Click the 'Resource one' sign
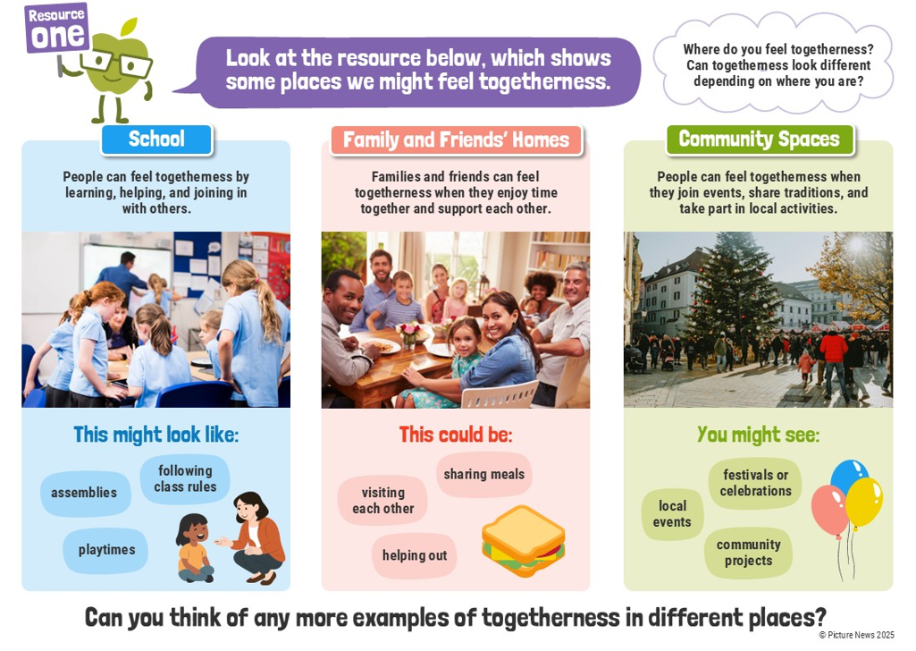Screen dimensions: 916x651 click(56, 28)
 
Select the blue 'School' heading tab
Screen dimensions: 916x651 click(156, 139)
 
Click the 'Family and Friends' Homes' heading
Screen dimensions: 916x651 click(457, 140)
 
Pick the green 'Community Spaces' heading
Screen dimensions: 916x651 click(760, 139)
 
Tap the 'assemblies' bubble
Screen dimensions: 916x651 click(85, 494)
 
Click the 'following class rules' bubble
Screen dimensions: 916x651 click(185, 478)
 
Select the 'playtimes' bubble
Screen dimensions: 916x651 click(106, 550)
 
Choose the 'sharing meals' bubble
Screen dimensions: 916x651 click(484, 475)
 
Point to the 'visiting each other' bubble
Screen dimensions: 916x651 click(383, 501)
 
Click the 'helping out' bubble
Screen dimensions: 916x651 click(415, 555)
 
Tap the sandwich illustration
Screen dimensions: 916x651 click(524, 541)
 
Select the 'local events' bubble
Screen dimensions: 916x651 click(672, 514)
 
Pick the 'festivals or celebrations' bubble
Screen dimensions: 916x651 click(755, 483)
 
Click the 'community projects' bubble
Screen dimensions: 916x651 click(748, 553)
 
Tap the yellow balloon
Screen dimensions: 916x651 click(864, 502)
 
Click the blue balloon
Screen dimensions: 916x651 click(848, 476)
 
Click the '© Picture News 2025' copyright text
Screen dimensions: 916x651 click(856, 635)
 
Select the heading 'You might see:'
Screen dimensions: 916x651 click(759, 435)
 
